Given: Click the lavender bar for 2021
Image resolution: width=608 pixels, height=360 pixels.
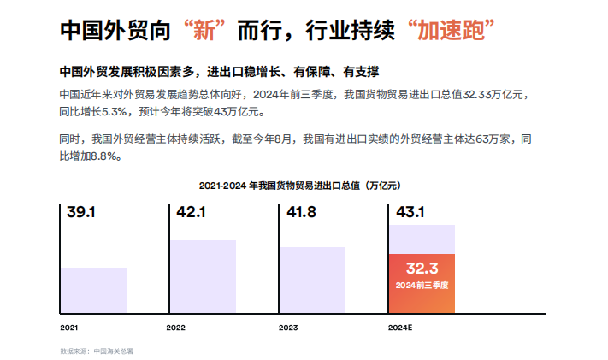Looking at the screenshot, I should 93,291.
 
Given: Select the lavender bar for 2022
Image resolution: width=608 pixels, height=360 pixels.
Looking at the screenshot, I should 203,277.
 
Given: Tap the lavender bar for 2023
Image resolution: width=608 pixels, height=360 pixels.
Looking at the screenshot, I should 312,280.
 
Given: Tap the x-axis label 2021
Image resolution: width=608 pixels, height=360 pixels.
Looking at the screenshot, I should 68,327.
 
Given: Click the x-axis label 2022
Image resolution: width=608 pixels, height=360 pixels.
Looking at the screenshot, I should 176,327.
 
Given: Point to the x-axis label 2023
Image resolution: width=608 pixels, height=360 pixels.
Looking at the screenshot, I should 288,327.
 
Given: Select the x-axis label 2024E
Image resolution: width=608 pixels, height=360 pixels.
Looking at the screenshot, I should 400,327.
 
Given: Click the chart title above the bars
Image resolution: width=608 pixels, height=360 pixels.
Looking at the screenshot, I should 300,185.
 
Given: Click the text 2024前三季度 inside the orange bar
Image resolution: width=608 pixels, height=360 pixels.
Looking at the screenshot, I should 422,285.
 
